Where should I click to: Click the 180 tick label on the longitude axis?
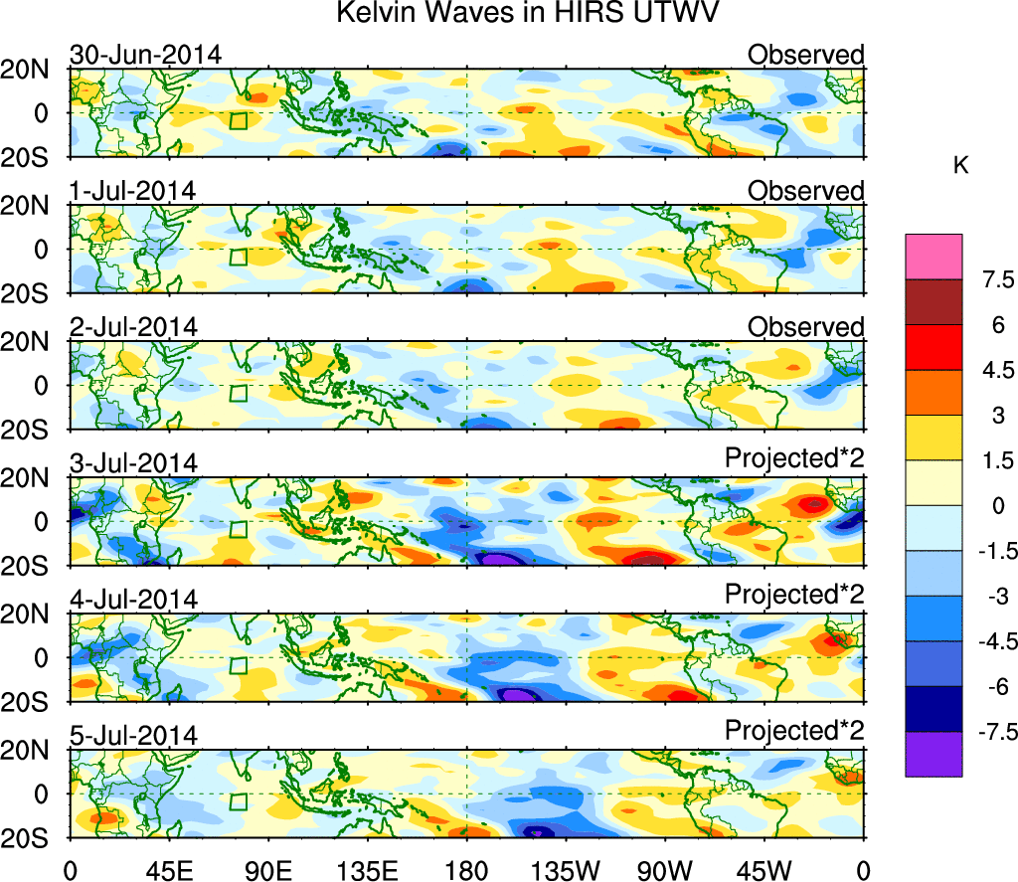pos(466,869)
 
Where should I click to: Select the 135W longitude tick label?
pos(566,869)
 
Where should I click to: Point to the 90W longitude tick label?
pos(665,869)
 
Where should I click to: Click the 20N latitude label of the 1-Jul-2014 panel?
pos(41,206)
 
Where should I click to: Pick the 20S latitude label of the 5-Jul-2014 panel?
pos(41,837)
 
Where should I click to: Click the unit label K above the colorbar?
pos(960,166)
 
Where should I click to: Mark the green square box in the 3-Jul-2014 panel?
pos(238,530)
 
